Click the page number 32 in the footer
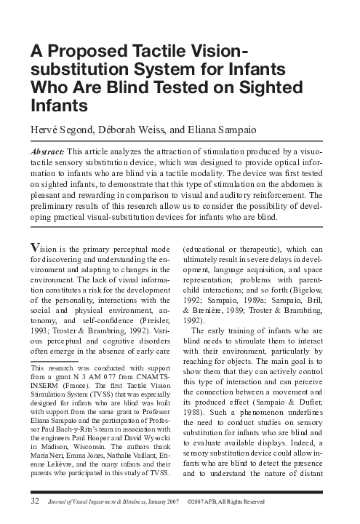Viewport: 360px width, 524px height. [34, 502]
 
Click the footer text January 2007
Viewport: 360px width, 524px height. [165, 503]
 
